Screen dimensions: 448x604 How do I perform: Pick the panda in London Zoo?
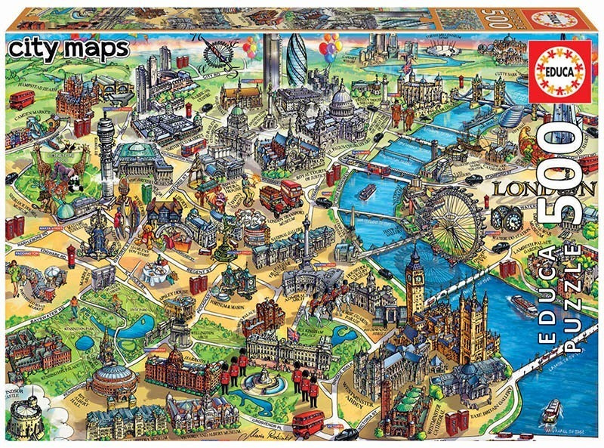75,181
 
